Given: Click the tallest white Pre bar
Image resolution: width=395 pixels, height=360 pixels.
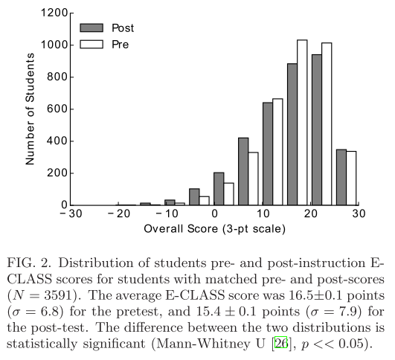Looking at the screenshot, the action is [302, 123].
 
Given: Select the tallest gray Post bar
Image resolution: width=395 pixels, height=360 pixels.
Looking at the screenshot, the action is [317, 129].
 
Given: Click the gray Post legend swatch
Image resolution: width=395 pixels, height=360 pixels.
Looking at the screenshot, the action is [91, 28].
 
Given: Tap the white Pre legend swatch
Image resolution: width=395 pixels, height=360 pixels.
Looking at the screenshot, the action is [91, 44].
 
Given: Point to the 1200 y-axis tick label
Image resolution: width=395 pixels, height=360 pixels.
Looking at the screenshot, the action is [54, 13].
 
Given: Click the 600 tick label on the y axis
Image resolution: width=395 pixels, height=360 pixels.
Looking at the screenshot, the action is [57, 109].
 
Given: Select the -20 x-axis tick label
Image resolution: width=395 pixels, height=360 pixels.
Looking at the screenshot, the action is [119, 214].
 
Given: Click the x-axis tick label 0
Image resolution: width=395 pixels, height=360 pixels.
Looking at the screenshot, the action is [214, 214].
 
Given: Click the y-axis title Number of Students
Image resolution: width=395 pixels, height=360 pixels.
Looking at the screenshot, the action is [30, 109].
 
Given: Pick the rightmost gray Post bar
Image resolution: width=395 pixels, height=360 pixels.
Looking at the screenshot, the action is [341, 177].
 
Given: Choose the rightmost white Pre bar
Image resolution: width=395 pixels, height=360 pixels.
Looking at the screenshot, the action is [351, 178].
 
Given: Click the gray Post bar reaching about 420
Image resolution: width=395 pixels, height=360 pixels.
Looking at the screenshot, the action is [243, 171].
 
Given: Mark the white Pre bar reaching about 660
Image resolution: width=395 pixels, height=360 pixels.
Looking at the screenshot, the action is [277, 152].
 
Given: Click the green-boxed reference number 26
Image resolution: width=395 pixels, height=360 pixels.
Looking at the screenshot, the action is [281, 343].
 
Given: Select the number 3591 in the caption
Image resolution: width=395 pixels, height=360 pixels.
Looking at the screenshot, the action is [58, 295].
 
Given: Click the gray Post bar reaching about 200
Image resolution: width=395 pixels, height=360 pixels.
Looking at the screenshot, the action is [219, 189].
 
